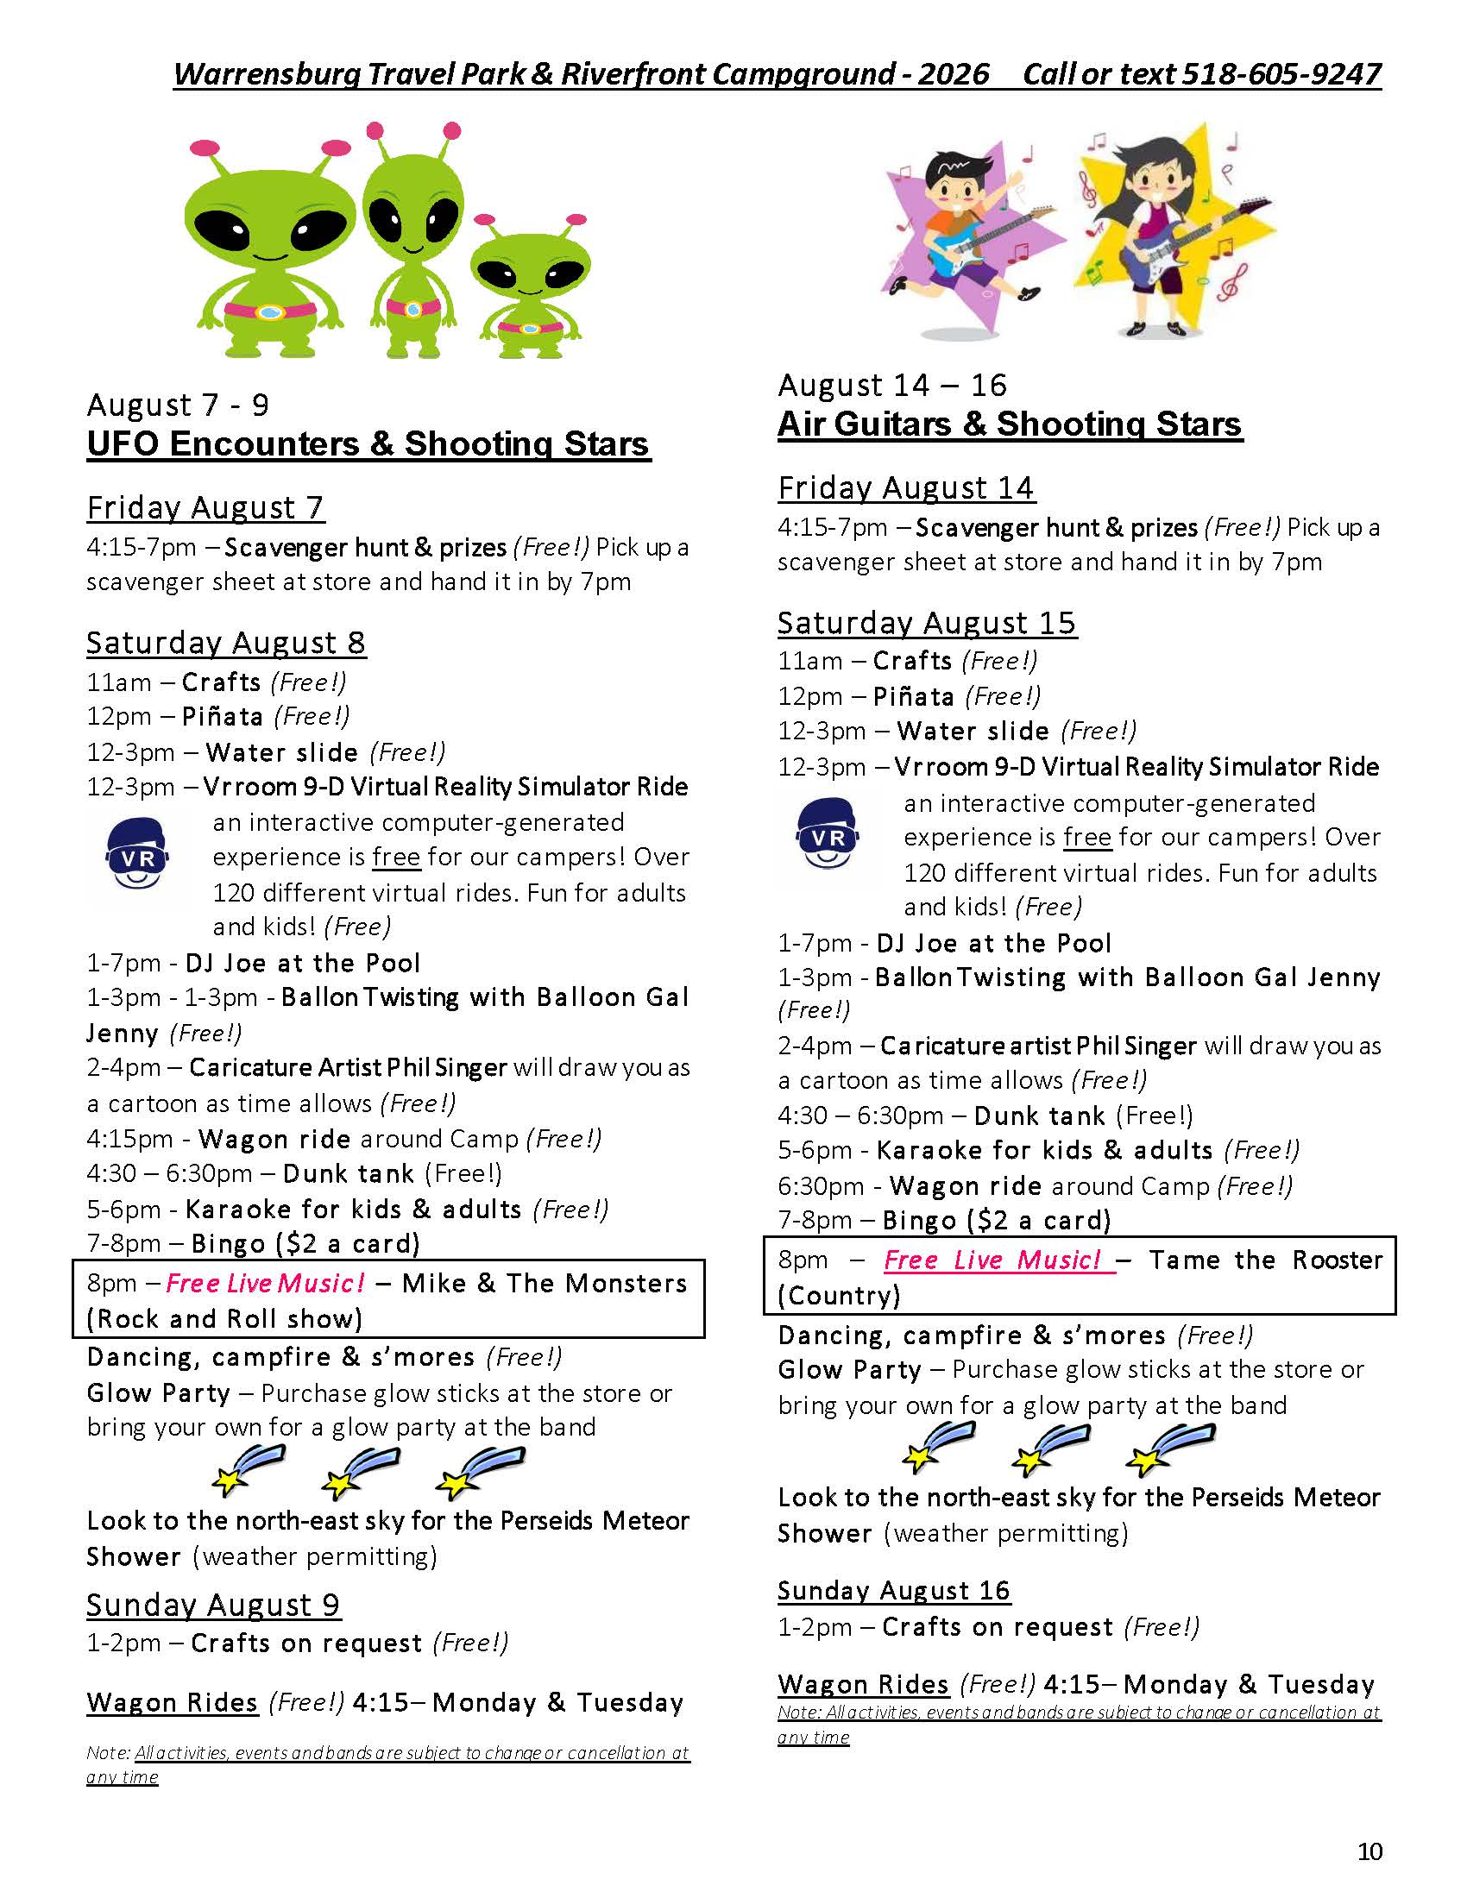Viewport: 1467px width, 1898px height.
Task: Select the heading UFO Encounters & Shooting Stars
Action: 368,444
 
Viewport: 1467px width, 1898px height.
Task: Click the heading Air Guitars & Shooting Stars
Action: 1009,424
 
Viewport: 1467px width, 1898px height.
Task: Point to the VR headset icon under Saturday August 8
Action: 136,855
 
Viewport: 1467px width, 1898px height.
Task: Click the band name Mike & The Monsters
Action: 544,1284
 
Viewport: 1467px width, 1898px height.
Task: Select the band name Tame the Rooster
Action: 1264,1260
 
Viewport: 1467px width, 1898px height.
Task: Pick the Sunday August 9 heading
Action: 213,1606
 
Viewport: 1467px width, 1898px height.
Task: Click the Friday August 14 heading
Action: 905,487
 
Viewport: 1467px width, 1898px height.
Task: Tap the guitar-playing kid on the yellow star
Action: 1165,235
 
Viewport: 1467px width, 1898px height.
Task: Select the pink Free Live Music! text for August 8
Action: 265,1284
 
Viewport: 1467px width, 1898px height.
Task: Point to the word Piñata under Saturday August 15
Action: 912,696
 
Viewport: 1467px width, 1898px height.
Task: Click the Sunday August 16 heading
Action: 893,1590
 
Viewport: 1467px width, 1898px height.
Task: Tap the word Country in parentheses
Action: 839,1296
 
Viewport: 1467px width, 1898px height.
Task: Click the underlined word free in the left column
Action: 396,857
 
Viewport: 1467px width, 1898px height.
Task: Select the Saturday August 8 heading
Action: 225,643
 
